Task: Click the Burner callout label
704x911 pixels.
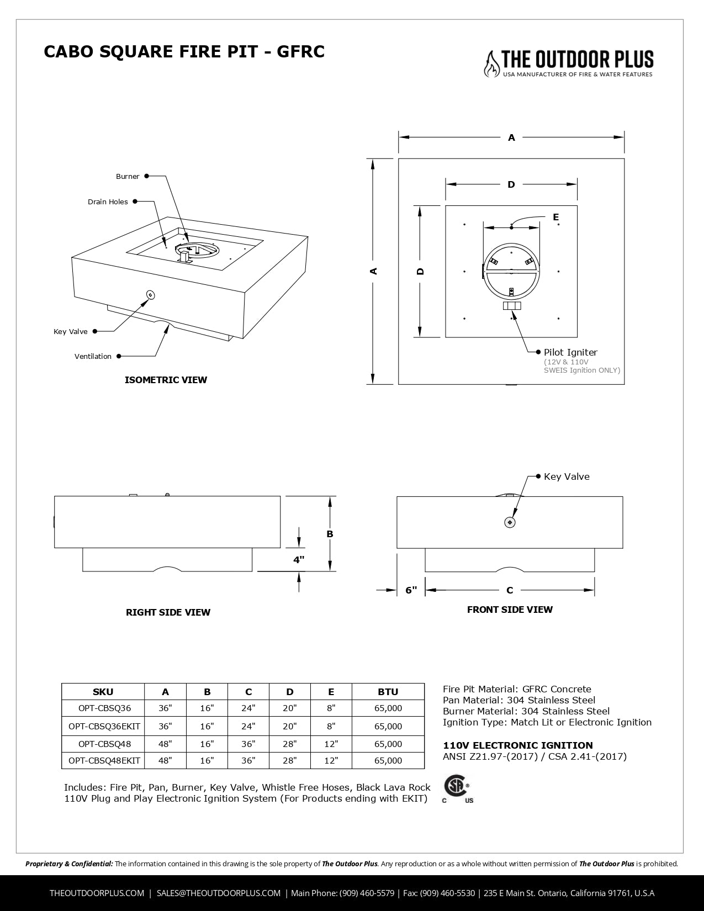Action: pos(128,177)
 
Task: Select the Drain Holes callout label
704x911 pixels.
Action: pos(108,202)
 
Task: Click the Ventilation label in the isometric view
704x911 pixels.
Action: pos(93,357)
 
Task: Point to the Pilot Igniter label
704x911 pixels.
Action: pos(570,352)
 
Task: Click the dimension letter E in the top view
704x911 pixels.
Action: pos(555,217)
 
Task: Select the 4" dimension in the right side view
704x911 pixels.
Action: pos(299,560)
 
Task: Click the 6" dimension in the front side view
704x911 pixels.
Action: pos(411,590)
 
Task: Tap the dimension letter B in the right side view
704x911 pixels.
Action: pos(330,534)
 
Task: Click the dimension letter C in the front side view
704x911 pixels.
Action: pos(510,590)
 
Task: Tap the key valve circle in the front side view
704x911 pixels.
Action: pos(510,522)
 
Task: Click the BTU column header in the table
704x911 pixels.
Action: pos(388,692)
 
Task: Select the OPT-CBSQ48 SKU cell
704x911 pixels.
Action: pos(103,744)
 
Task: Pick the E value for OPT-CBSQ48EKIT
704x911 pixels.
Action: pos(331,760)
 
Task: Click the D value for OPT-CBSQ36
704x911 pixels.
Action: pos(290,708)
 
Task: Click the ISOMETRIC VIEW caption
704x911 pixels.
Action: pos(166,380)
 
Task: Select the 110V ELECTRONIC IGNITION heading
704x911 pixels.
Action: pos(517,745)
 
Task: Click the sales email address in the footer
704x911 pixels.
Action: pos(219,893)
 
